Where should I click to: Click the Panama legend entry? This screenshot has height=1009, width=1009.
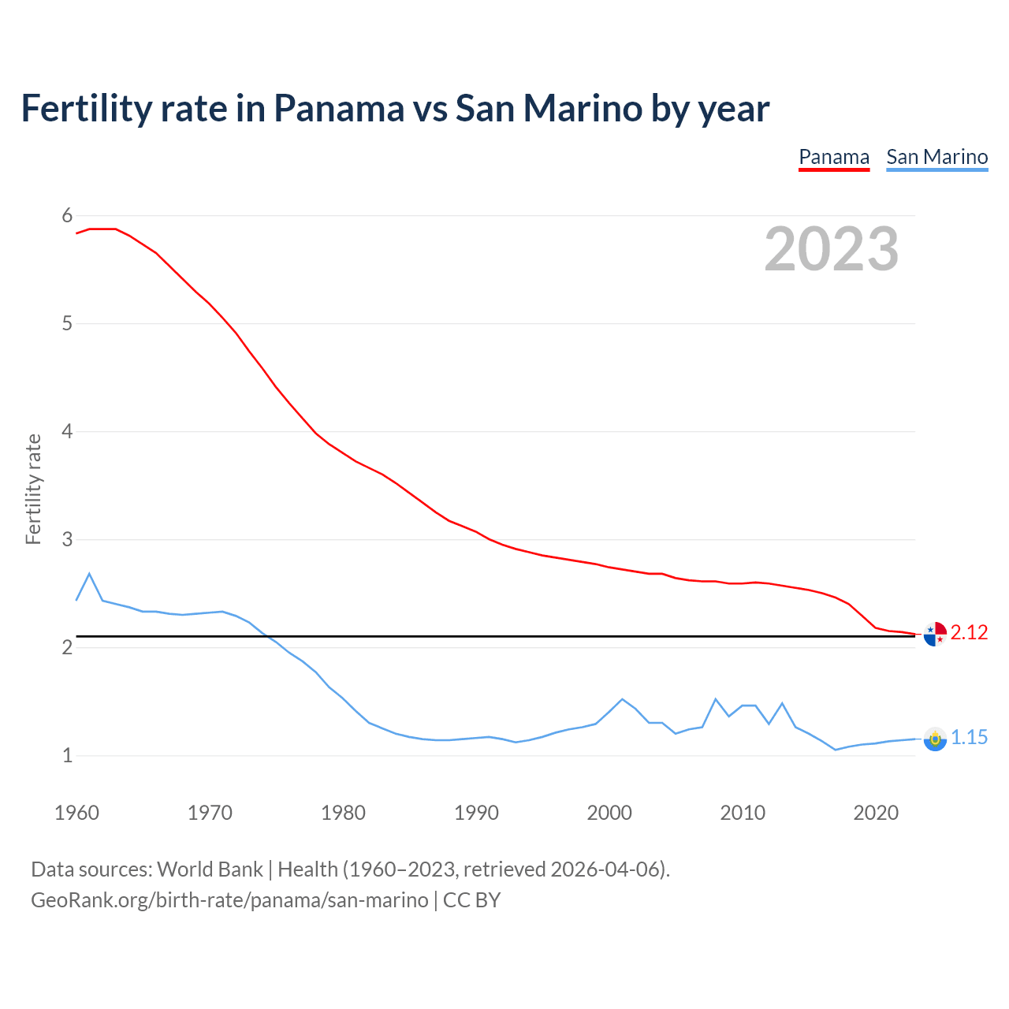[x=834, y=157]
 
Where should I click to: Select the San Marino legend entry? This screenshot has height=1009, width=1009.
[x=936, y=157]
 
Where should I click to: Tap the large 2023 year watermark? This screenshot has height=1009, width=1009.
[x=831, y=249]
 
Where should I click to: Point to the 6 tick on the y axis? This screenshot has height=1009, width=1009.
[x=67, y=216]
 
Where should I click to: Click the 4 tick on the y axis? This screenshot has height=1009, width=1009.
[x=67, y=432]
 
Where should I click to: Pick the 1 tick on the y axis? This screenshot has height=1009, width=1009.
[x=67, y=756]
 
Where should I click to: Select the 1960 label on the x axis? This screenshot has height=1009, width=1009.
[x=76, y=813]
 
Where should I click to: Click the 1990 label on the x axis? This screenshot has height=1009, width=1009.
[x=476, y=813]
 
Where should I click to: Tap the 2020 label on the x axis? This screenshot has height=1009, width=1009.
[x=876, y=813]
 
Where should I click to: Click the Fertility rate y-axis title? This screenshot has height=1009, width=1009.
[x=33, y=489]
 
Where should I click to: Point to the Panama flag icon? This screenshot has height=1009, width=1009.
[x=934, y=634]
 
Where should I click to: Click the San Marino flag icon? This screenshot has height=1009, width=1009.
[x=934, y=739]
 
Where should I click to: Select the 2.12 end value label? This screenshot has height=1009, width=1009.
[x=969, y=633]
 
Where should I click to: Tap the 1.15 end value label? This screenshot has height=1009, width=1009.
[x=969, y=738]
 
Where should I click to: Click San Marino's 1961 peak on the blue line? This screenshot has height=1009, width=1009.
[x=89, y=574]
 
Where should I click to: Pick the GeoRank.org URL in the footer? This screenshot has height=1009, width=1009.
[x=229, y=900]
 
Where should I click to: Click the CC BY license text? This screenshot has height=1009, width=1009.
[x=471, y=900]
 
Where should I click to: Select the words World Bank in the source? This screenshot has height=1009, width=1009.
[x=210, y=869]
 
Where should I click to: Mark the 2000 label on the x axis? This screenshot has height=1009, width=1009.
[x=609, y=813]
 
